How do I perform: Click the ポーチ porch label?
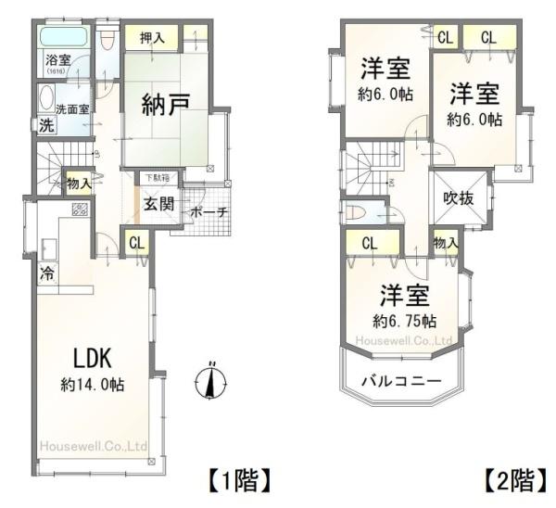pos(208,212)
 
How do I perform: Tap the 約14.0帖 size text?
pos(94,385)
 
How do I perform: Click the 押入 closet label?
pos(152,38)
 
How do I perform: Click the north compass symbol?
pos(214,380)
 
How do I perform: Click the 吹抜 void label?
pos(460,197)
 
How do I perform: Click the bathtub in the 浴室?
pos(64,38)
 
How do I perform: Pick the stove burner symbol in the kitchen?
pos(79,210)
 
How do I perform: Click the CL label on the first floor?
pos(136,244)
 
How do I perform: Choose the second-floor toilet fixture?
pos(357,210)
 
